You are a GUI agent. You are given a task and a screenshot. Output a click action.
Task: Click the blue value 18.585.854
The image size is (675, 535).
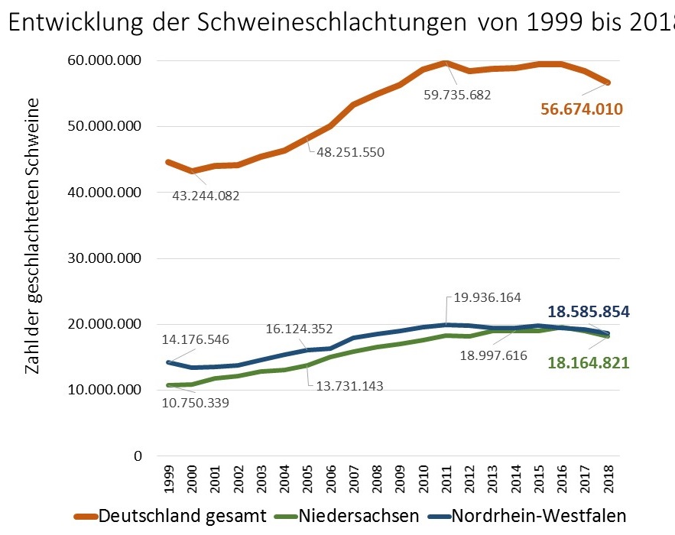pyautogui.click(x=589, y=312)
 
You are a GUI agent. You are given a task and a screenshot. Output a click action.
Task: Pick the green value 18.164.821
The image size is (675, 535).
pyautogui.click(x=589, y=363)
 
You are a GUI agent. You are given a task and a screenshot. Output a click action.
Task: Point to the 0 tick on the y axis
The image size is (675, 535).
pyautogui.click(x=138, y=456)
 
